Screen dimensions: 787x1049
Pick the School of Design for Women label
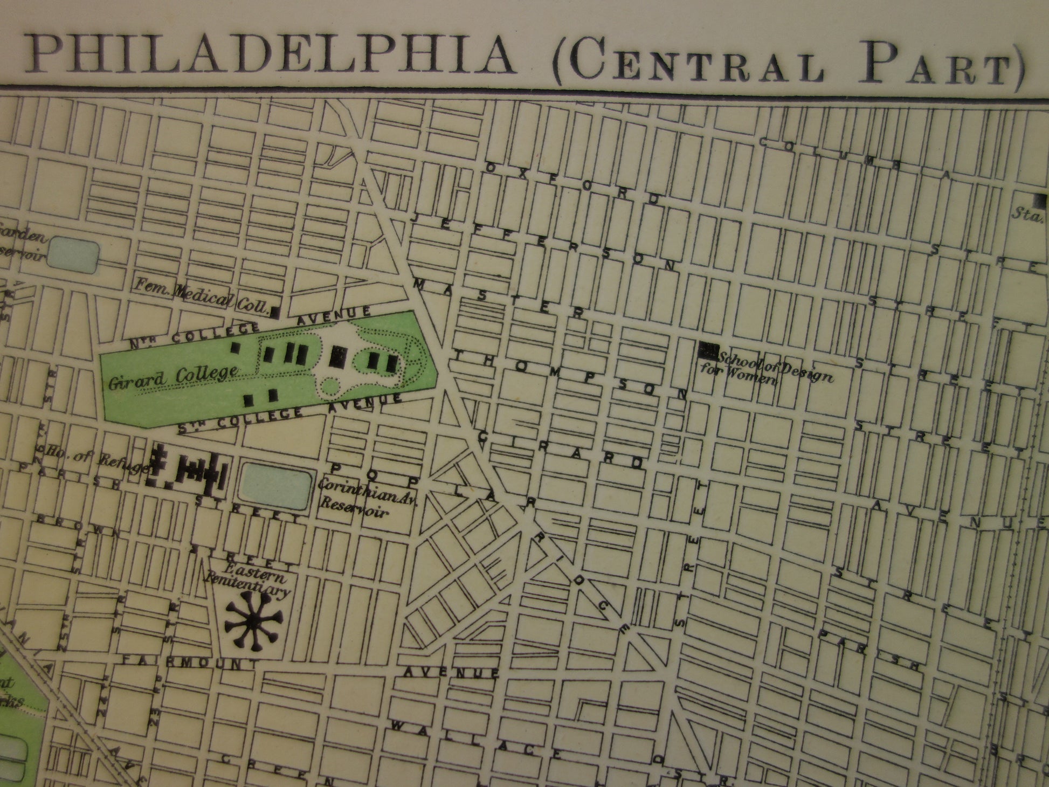point(765,369)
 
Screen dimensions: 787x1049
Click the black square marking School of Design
point(707,350)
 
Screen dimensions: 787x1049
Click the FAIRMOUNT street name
point(191,660)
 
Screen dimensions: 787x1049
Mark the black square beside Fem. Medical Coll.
point(275,311)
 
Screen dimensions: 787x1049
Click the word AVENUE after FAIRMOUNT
point(452,672)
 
